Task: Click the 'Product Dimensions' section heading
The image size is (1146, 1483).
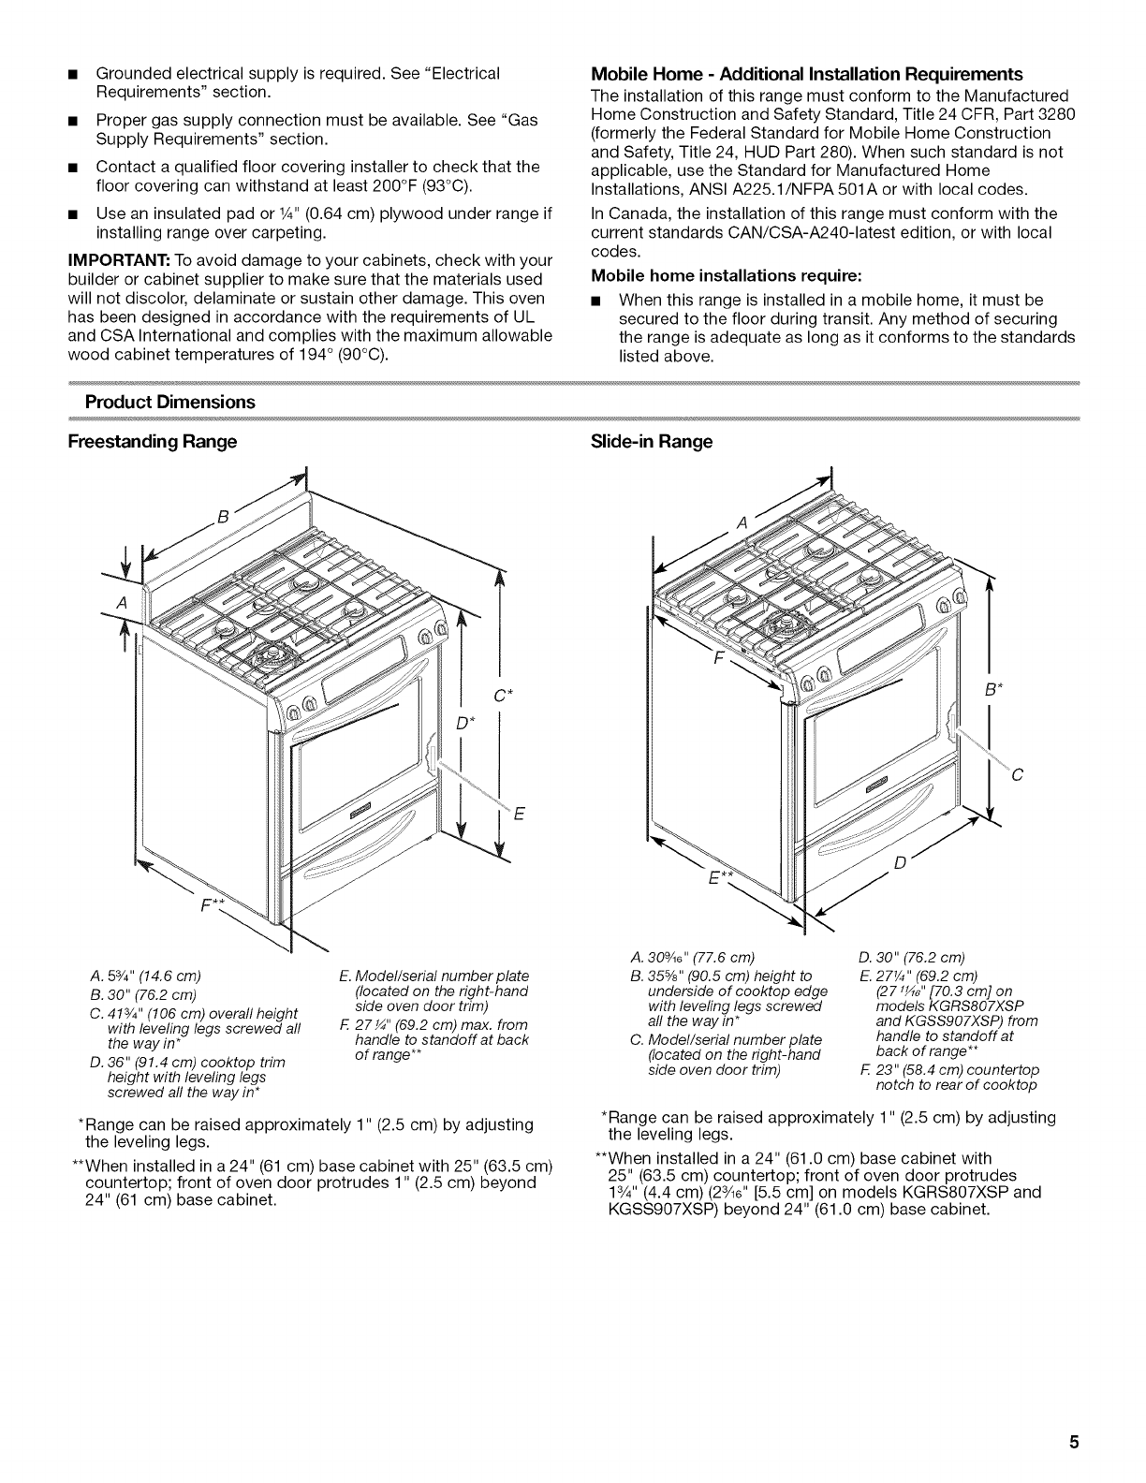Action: click(x=169, y=402)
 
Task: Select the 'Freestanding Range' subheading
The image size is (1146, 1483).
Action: click(x=152, y=441)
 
